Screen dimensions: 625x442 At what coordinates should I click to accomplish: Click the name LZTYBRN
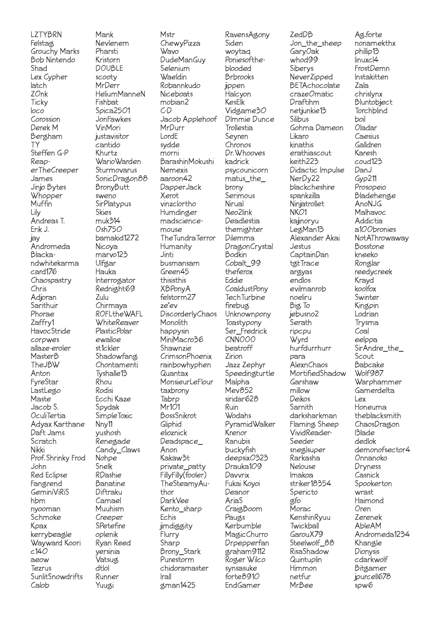tap(46, 35)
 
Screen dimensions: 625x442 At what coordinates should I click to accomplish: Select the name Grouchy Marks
tap(55, 51)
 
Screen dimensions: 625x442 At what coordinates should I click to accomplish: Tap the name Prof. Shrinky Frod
tap(58, 458)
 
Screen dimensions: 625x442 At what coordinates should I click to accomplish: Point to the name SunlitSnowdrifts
tap(57, 577)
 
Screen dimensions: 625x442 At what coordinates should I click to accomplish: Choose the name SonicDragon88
tap(121, 179)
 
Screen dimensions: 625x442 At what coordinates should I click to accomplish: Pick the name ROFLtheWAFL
tap(119, 314)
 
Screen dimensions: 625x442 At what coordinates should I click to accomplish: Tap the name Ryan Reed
tap(113, 543)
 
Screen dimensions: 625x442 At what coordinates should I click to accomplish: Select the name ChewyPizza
tap(180, 43)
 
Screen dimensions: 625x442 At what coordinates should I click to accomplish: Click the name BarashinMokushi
tap(187, 161)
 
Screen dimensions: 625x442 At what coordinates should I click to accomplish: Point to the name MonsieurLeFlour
tap(186, 382)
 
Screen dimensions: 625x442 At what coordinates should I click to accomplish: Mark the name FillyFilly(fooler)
tap(183, 475)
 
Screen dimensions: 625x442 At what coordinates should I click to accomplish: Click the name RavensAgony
tap(247, 35)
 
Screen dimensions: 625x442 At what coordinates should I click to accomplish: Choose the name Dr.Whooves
tap(245, 153)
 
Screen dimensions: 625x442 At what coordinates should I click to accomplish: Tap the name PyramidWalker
tap(250, 424)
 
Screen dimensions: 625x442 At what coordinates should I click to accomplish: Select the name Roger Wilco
tap(245, 560)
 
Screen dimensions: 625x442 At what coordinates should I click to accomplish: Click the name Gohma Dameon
tap(316, 128)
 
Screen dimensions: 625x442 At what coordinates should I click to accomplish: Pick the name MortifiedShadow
tap(318, 373)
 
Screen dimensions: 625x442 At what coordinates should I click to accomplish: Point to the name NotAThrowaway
tap(381, 238)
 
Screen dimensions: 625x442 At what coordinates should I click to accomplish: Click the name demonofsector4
tap(382, 450)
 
